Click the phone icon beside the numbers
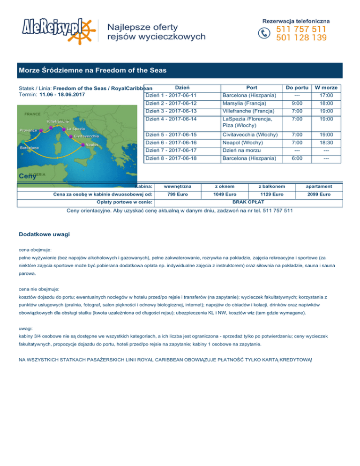tap(265, 33)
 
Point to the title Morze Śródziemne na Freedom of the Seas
tap(93, 71)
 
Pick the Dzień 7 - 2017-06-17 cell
tap(171, 150)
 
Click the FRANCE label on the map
tap(33, 114)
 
